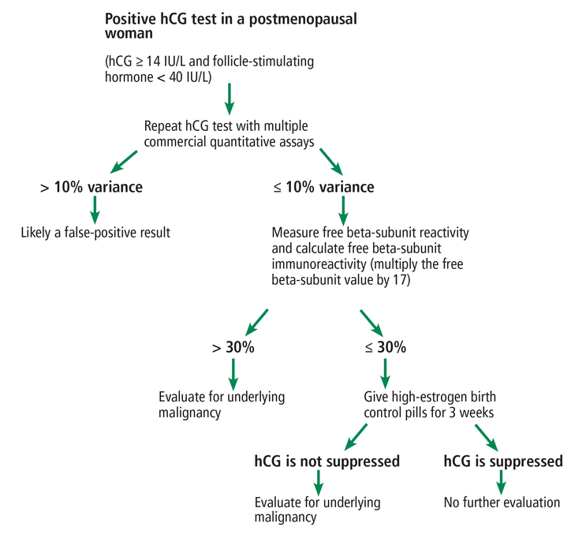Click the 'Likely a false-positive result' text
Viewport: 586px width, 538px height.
click(95, 233)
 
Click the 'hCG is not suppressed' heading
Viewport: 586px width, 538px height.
click(327, 461)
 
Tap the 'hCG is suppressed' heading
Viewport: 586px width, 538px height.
click(503, 461)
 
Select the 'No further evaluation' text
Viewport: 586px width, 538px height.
click(502, 502)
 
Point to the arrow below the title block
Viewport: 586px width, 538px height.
click(230, 96)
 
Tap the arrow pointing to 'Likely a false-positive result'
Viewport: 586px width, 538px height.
click(95, 208)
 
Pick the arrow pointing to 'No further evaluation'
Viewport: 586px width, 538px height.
click(501, 482)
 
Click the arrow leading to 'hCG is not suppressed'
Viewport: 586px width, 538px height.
click(354, 435)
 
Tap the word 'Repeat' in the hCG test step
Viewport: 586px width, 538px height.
click(163, 127)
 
